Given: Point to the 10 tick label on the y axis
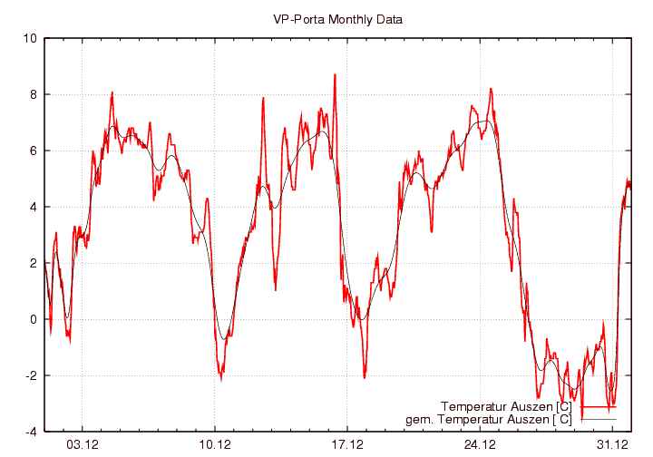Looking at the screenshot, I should point(30,38).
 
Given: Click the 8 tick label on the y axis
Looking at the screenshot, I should point(33,94).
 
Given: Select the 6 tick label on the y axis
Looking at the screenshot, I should point(33,151).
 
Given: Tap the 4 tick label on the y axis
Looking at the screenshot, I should point(33,207).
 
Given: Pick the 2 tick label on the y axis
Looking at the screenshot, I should point(33,263).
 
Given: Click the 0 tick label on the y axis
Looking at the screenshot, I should point(33,319).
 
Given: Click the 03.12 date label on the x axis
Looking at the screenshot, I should point(83,444).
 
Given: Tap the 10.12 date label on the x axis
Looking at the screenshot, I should point(215,444).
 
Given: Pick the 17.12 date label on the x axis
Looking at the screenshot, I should point(347,444).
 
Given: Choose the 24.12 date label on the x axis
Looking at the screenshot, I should point(480,444).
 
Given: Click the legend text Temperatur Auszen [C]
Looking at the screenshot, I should point(505,406).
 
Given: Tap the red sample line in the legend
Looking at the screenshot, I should point(599,407).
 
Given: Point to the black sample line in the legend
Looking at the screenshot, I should point(599,419).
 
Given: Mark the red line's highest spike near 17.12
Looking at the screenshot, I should point(335,75).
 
